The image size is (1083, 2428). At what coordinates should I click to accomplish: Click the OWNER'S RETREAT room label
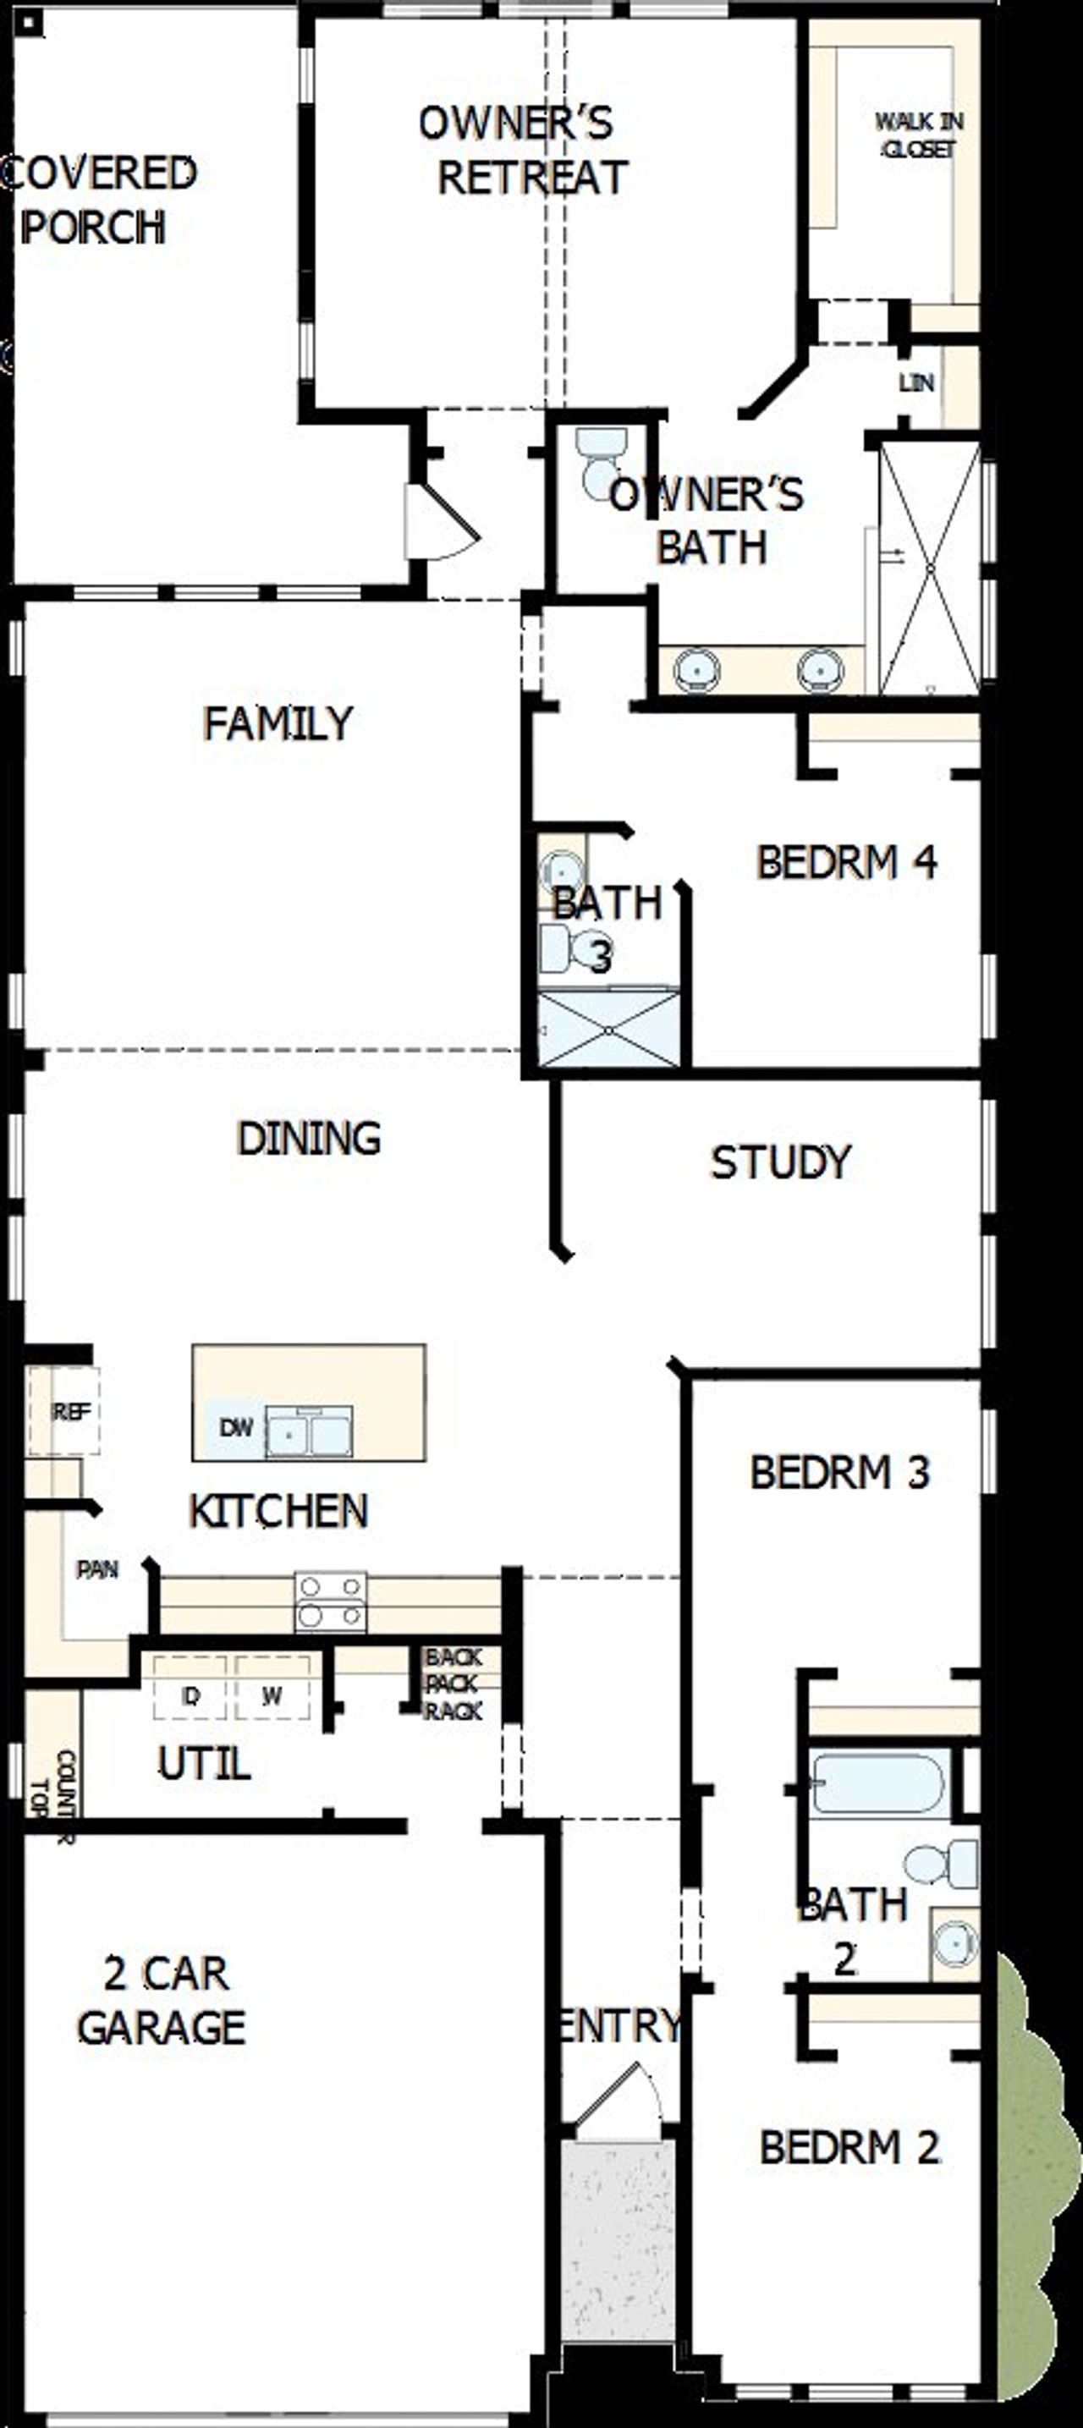(x=521, y=151)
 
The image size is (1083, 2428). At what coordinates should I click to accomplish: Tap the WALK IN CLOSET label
(x=919, y=135)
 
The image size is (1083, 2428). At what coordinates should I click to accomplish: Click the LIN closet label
(x=915, y=382)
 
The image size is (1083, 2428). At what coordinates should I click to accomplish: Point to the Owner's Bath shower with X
(x=929, y=569)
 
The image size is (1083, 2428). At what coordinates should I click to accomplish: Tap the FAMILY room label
(x=278, y=724)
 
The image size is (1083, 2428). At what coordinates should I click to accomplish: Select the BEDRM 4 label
(x=845, y=861)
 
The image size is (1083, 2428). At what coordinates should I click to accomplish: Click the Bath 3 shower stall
(x=608, y=1030)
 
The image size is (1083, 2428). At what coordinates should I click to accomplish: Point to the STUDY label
(x=779, y=1162)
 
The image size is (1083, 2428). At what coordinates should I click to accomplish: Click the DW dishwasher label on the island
(x=236, y=1428)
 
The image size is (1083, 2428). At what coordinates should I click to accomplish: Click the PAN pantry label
(x=97, y=1569)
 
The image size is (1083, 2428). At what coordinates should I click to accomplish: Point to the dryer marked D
(x=190, y=1696)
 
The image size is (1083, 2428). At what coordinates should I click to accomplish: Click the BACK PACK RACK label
(x=453, y=1684)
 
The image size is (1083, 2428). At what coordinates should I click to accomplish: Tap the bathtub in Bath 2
(x=877, y=1783)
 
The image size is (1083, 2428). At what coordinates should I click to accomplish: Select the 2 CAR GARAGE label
(x=162, y=1999)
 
